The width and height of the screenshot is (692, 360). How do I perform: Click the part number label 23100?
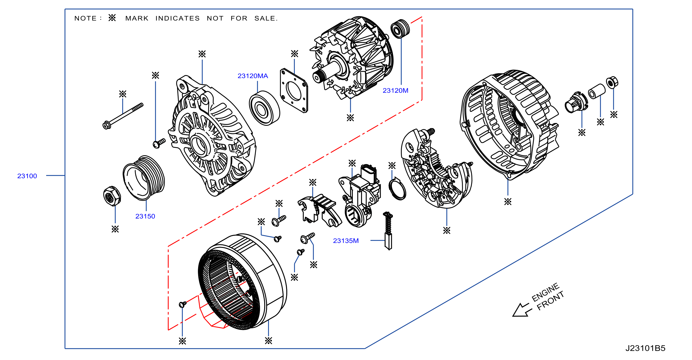(x=27, y=176)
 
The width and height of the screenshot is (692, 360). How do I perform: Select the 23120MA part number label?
(x=253, y=76)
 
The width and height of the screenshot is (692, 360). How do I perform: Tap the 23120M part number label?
(x=396, y=91)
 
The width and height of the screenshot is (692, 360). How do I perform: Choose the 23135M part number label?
(x=346, y=241)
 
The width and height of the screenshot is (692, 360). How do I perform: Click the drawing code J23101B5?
(x=645, y=348)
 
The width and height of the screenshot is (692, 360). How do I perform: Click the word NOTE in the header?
(x=85, y=18)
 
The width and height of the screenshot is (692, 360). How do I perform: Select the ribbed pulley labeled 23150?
(x=144, y=178)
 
